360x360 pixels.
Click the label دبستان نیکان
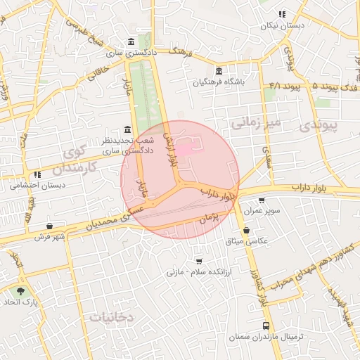[282, 25]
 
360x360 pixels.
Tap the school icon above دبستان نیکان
[282, 14]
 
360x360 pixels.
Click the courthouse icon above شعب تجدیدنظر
[127, 129]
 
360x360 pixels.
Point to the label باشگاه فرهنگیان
[220, 82]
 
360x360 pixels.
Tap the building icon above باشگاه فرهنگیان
[220, 71]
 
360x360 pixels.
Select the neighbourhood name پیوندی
[333, 126]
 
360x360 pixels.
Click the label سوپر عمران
[262, 211]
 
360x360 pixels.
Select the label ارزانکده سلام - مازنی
[194, 271]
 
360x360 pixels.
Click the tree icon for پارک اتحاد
[20, 290]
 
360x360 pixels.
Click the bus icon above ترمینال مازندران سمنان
[266, 326]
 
